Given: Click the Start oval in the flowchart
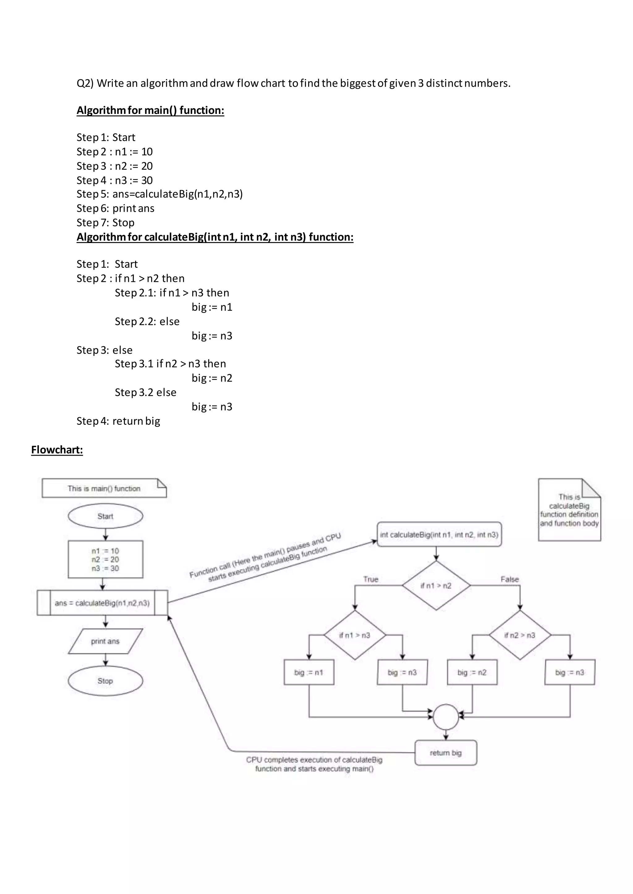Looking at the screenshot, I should tap(105, 516).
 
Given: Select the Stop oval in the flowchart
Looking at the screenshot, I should tap(105, 681).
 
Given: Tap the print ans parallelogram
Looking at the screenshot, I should tap(105, 641).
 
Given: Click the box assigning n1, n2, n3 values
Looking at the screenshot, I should tap(105, 559).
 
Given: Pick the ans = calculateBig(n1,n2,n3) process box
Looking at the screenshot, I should tap(102, 603).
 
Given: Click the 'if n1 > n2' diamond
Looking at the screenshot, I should tap(436, 586).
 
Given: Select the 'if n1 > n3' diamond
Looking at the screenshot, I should tap(355, 635).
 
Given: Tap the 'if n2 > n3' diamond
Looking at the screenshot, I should tap(520, 635).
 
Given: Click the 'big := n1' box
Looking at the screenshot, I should tap(309, 672).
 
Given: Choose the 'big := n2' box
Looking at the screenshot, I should tap(472, 672).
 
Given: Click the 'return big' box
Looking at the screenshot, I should tap(445, 753).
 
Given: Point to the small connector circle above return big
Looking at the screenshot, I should tap(446, 717).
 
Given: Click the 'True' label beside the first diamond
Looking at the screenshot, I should tap(371, 579).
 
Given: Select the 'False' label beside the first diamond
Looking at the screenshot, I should tap(509, 579).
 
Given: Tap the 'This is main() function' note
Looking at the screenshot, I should tap(104, 488).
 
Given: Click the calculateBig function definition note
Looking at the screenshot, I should tap(569, 510).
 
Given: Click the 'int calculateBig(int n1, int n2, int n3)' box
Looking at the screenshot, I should tap(439, 535).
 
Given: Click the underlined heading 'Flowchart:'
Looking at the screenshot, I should tap(57, 450).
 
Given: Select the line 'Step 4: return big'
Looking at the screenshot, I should tap(118, 421).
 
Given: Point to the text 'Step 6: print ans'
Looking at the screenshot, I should tap(115, 208).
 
